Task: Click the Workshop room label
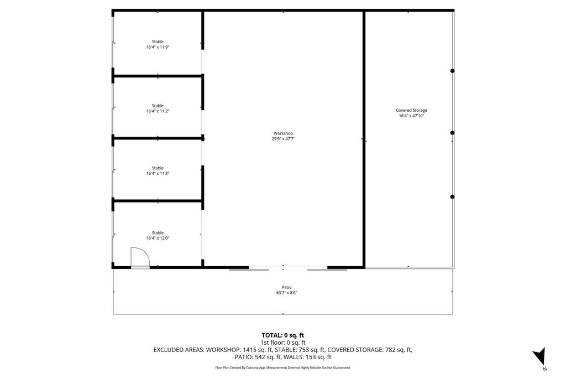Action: coord(283,133)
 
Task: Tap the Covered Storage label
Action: coord(411,110)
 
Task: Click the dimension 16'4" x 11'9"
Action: coord(158,47)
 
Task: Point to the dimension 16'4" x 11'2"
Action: coord(158,111)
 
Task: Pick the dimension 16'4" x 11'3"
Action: coord(158,173)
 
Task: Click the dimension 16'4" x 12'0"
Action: coord(158,238)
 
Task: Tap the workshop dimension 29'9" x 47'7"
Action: coord(283,139)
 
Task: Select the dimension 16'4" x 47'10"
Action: coord(411,116)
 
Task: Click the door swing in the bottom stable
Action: coord(139,258)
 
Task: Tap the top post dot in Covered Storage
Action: coord(452,71)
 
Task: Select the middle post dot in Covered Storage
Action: coord(452,133)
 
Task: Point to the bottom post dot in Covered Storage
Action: coord(452,197)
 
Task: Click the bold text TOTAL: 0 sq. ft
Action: coord(282,335)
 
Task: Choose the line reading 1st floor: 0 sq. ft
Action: coord(282,343)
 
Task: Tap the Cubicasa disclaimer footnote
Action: coord(282,367)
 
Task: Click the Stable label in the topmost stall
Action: coord(158,42)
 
